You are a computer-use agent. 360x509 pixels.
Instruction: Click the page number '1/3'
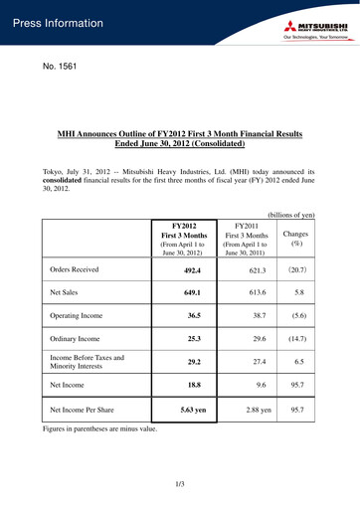(180, 483)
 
